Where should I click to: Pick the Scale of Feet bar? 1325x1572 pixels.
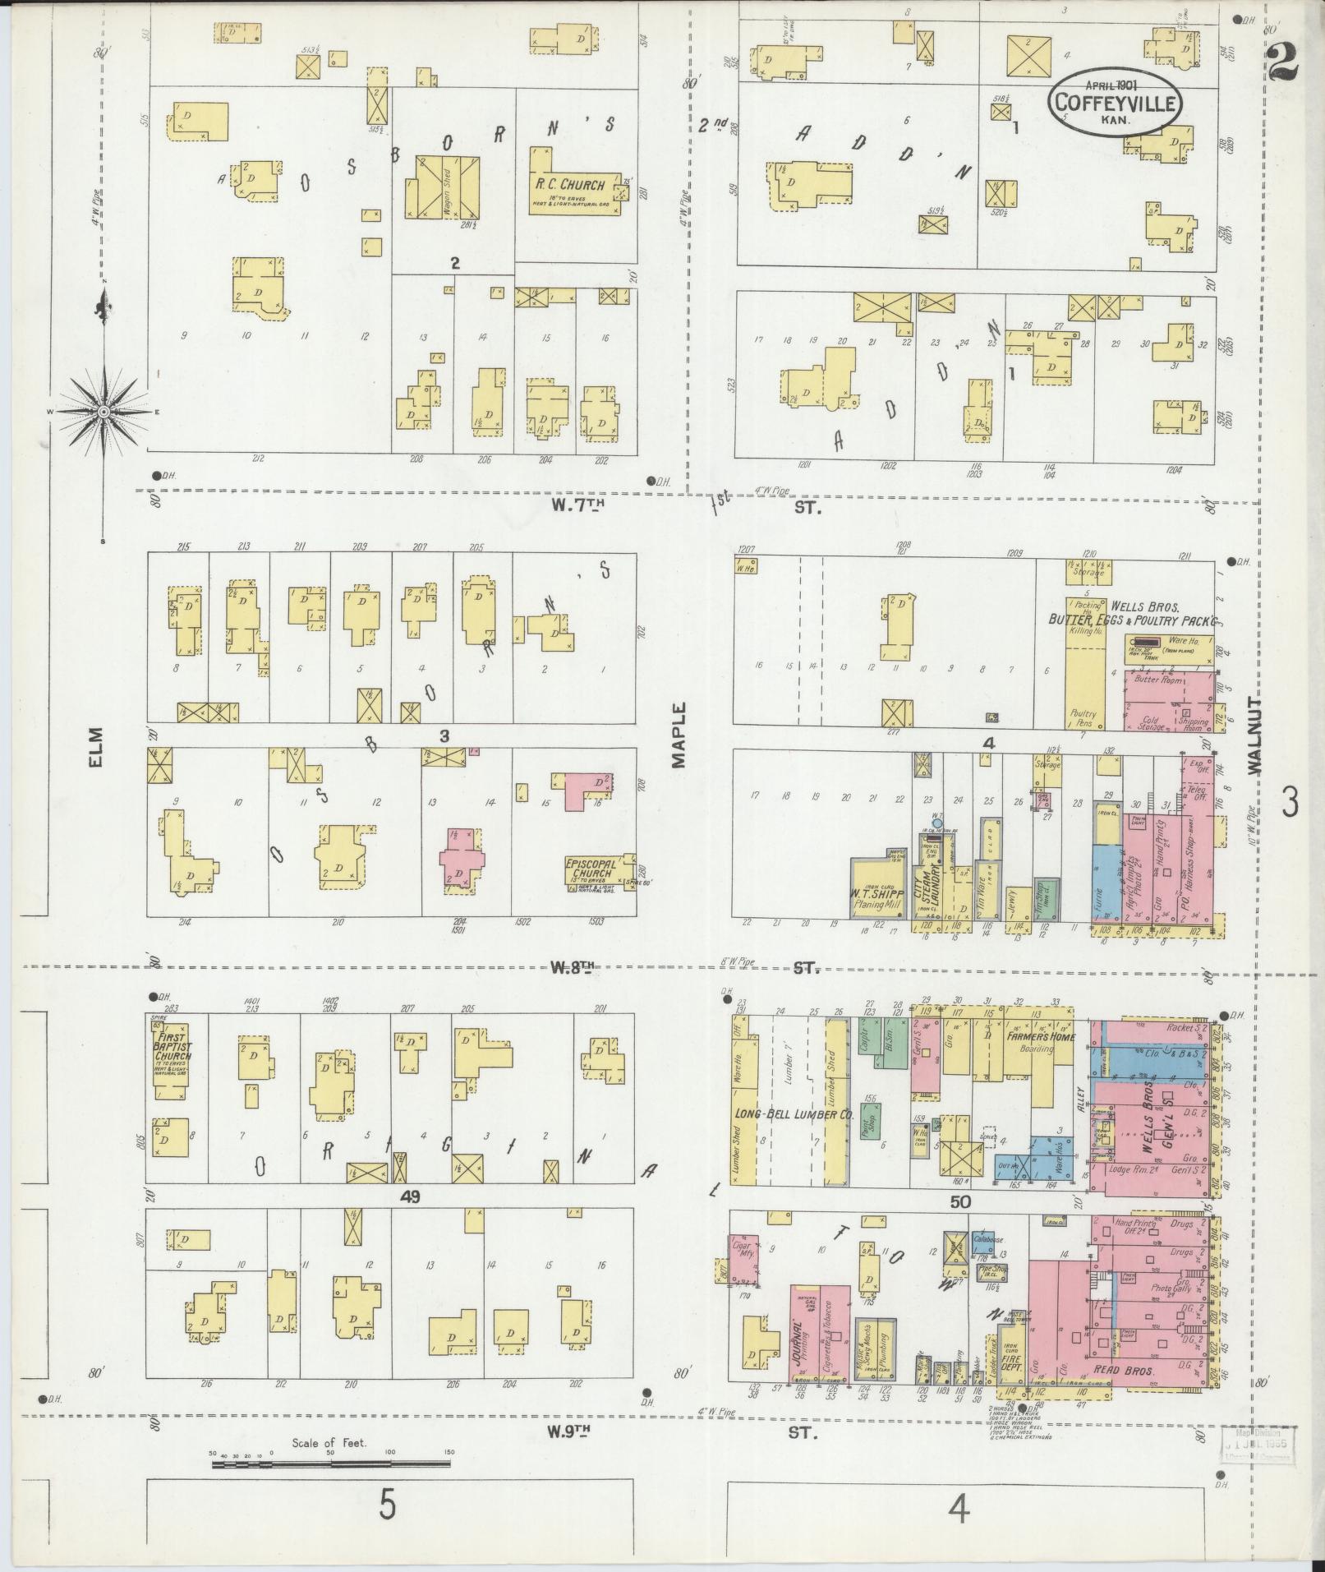[329, 1464]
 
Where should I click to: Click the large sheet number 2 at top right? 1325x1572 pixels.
[1282, 59]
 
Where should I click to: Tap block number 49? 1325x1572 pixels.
[411, 1197]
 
